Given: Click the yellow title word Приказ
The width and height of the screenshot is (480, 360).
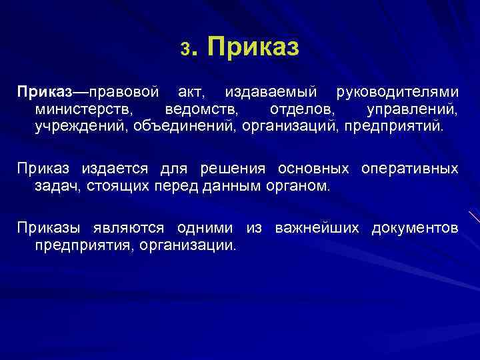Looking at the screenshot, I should pos(253,47).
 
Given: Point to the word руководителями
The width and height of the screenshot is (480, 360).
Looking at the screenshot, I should pos(397,90).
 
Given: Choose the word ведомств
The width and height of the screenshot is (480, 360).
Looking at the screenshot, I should pos(201,107).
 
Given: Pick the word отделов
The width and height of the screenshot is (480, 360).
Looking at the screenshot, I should pos(297,107).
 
